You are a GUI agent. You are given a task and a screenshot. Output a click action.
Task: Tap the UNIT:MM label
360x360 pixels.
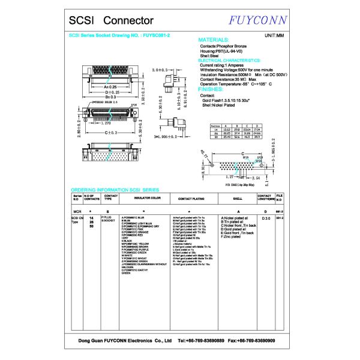(274, 36)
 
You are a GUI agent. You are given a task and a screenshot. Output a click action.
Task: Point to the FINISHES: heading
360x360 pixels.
(214, 89)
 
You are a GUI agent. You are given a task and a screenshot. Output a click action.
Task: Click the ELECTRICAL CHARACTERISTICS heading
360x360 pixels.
(229, 61)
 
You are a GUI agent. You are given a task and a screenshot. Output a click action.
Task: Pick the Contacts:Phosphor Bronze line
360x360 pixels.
(223, 46)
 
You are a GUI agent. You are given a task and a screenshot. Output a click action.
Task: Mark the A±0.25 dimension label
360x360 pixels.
(109, 87)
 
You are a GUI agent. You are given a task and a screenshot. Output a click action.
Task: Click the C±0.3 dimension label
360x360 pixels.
(110, 132)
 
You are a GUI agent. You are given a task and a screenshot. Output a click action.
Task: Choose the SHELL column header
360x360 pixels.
(238, 197)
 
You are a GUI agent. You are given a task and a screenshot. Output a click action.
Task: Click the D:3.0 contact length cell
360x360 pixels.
(266, 218)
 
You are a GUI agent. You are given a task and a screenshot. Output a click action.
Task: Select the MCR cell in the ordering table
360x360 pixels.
(77, 212)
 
